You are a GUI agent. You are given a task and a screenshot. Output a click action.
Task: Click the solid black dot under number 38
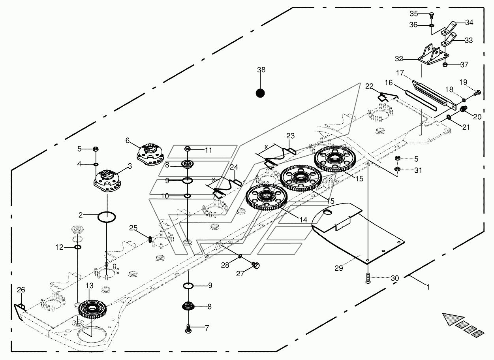point(260,93)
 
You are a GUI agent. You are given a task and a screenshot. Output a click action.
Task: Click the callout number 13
point(90,286)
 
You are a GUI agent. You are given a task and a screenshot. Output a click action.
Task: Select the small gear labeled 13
point(92,309)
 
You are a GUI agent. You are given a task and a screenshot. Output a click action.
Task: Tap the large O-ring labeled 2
point(107,217)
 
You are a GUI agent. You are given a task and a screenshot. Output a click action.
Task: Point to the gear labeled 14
point(267,198)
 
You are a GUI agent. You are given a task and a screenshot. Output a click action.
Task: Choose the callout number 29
point(339,268)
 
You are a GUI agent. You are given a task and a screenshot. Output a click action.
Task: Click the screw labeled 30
point(368,278)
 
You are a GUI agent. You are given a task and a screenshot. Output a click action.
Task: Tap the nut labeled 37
point(445,65)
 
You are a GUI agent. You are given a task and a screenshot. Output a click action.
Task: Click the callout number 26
point(21,290)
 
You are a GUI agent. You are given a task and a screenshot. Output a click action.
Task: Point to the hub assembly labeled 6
point(150,154)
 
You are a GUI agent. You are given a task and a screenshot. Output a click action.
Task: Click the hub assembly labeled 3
point(107,181)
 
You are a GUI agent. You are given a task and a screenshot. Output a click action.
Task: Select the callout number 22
point(369,86)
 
